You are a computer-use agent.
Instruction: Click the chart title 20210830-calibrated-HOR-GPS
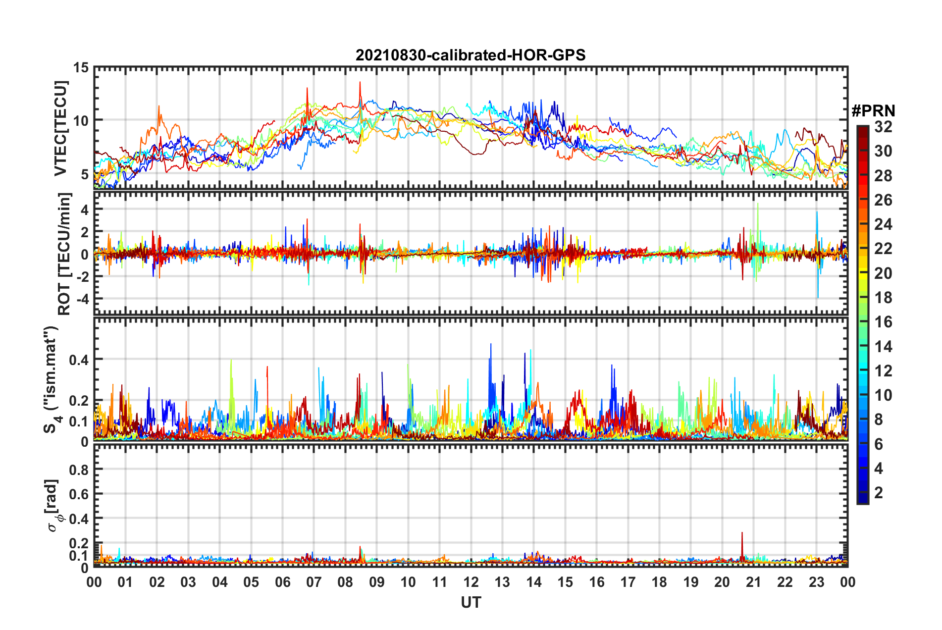coord(471,55)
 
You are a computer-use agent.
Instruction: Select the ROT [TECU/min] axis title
coord(64,254)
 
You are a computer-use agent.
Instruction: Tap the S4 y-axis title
coord(52,379)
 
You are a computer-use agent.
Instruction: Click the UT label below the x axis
coord(471,602)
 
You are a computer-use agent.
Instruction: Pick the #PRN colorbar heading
coord(873,111)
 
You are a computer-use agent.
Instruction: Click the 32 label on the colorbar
coord(883,127)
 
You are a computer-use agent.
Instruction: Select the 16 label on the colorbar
coord(883,322)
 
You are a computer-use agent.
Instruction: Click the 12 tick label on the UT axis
coord(471,582)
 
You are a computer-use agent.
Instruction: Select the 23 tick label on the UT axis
coord(816,582)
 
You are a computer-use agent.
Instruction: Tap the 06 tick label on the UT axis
coord(283,582)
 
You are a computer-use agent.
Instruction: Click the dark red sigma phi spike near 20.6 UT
coord(742,533)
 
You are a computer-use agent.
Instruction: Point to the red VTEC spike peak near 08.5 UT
coord(360,83)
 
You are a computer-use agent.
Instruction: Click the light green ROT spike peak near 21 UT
coord(758,204)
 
